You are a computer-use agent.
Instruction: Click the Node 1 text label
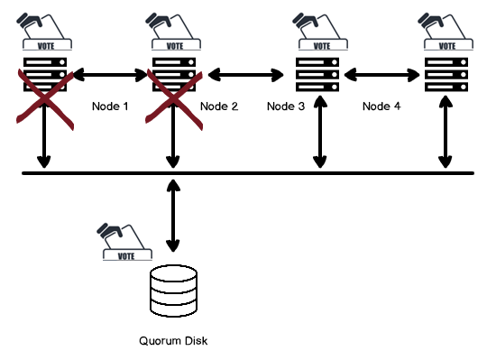111,106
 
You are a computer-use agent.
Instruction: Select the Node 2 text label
219,106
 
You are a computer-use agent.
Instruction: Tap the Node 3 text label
287,106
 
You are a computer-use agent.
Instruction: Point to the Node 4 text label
381,106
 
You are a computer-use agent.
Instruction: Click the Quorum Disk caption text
173,341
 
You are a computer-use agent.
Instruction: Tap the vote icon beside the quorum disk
124,243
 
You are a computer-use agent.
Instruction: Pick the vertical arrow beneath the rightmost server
445,135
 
